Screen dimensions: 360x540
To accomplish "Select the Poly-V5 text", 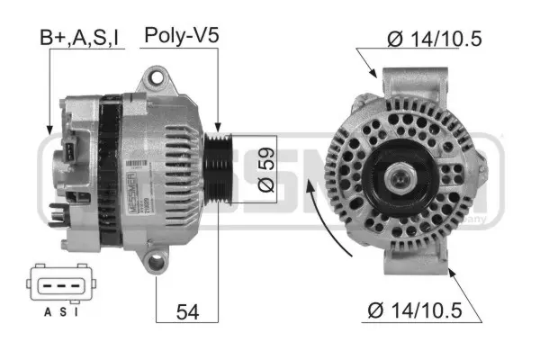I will coord(182,37).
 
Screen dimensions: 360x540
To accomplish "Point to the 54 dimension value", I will coord(186,311).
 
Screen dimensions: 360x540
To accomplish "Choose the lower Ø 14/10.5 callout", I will coord(414,311).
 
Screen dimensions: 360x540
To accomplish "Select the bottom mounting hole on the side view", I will coord(158,263).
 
